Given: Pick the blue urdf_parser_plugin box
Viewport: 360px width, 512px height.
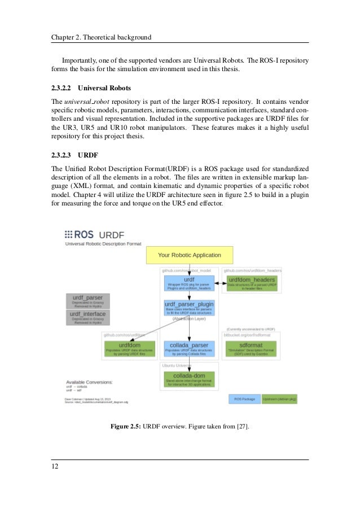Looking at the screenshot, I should (189, 307).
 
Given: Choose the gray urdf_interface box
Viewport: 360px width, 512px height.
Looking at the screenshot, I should (88, 317).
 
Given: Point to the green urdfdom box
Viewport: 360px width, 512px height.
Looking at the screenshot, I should (129, 348).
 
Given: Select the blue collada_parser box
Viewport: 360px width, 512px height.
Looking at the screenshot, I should (189, 348).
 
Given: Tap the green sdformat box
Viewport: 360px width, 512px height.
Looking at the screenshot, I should (251, 348).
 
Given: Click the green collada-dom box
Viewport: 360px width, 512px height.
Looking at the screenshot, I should (189, 378).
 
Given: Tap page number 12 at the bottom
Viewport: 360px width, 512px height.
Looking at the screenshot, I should (55, 467).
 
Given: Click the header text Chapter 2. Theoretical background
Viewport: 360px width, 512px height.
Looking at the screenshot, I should (102, 37).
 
